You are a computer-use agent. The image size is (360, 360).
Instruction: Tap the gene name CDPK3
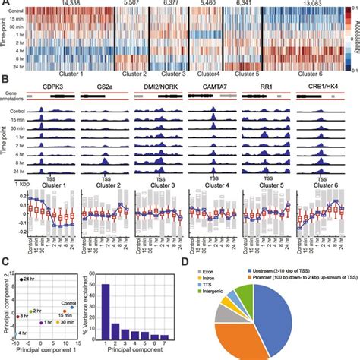pyautogui.click(x=58, y=88)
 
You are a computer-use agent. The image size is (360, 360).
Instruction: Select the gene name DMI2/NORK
pyautogui.click(x=156, y=88)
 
